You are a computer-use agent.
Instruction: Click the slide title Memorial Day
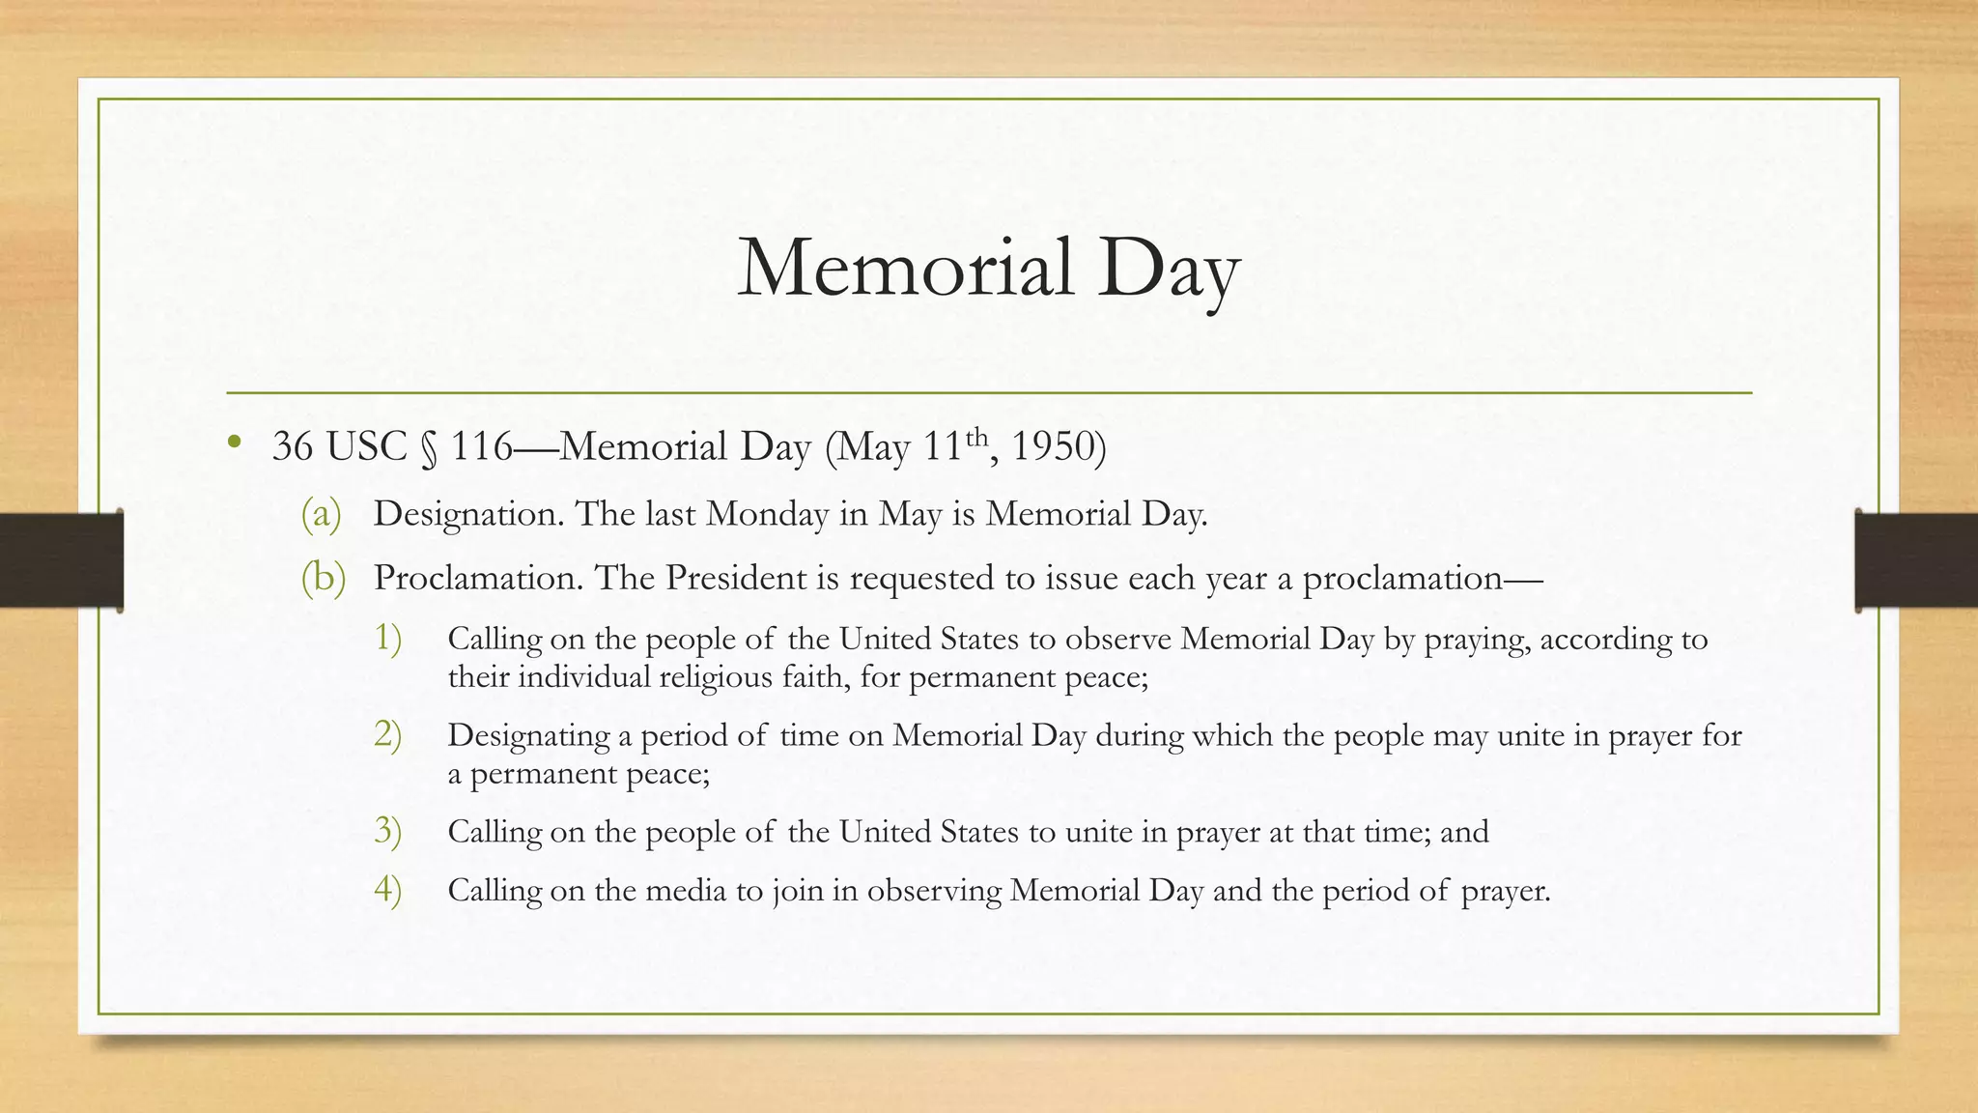(x=988, y=269)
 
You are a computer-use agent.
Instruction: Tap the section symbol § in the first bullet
(x=429, y=448)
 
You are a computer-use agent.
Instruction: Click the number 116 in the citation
(x=481, y=446)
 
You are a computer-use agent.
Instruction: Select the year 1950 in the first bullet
(x=1053, y=446)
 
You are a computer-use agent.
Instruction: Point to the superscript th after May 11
(x=977, y=436)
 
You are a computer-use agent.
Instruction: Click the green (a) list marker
(x=322, y=514)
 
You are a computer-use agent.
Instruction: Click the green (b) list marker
(x=323, y=578)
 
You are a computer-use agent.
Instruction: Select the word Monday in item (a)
(x=768, y=514)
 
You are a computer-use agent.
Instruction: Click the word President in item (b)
(x=735, y=578)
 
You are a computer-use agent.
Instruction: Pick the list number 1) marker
(x=387, y=639)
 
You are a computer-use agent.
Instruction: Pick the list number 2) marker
(x=387, y=735)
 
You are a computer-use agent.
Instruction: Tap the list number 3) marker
(x=387, y=831)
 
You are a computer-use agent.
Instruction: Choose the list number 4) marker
(x=387, y=889)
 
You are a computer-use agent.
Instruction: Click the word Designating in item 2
(x=528, y=736)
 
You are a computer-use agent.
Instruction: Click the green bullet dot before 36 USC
(x=234, y=444)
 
